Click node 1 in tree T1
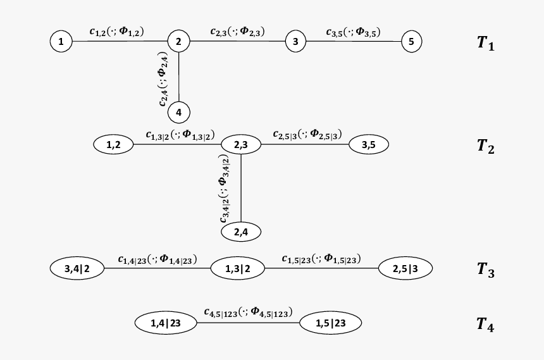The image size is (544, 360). (x=61, y=42)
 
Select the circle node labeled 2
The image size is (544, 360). (x=179, y=42)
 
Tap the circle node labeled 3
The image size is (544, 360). (x=295, y=42)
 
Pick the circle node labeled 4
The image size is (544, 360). (x=179, y=112)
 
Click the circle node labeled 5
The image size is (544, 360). (x=411, y=42)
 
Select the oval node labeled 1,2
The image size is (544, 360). (x=114, y=145)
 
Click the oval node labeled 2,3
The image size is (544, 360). (x=241, y=145)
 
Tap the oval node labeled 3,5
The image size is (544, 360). (x=368, y=145)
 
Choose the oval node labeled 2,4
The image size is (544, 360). (x=241, y=232)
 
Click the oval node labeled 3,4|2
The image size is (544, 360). (x=77, y=268)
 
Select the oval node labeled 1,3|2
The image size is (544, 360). (x=238, y=268)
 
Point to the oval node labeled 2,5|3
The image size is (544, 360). (x=405, y=268)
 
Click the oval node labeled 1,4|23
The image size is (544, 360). (x=166, y=323)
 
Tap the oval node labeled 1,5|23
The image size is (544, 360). (x=330, y=323)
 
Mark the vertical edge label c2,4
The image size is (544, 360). (x=164, y=78)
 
